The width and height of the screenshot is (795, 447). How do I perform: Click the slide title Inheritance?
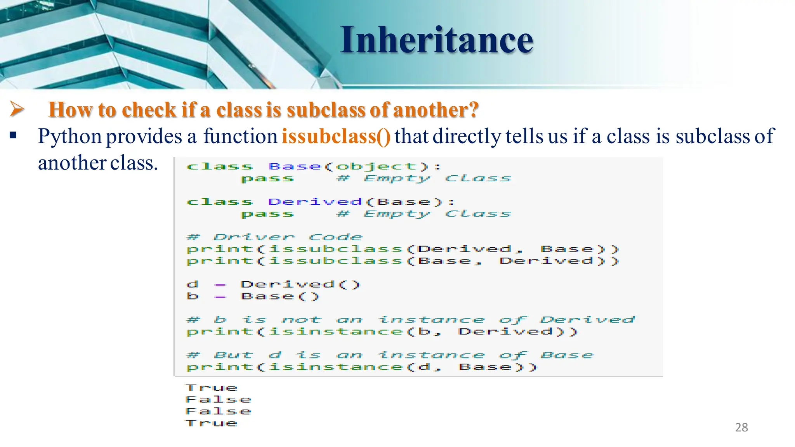click(437, 40)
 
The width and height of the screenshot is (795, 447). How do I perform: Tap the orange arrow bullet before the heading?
click(17, 109)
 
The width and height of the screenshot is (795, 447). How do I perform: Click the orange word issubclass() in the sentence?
click(336, 136)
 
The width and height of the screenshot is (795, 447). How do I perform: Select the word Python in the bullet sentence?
click(70, 137)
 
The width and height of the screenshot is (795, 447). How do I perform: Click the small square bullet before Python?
click(13, 136)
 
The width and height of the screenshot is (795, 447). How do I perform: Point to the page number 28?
click(741, 427)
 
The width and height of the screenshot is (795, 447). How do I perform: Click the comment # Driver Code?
click(274, 237)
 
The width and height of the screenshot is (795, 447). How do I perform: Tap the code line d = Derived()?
click(273, 284)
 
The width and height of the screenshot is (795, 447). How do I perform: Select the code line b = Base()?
click(253, 296)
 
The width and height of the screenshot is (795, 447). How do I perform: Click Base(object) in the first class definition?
click(349, 166)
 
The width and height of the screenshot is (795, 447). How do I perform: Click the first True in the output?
click(211, 388)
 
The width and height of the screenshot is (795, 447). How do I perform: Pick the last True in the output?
click(211, 423)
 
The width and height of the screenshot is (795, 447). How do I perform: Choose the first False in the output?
click(218, 399)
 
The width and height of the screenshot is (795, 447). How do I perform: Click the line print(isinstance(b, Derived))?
click(382, 332)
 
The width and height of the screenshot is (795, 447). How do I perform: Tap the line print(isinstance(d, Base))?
click(361, 367)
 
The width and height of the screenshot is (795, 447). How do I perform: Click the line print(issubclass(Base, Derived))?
click(403, 261)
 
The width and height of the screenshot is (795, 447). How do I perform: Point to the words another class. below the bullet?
click(98, 163)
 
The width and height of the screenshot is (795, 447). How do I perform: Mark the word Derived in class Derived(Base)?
click(314, 202)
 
